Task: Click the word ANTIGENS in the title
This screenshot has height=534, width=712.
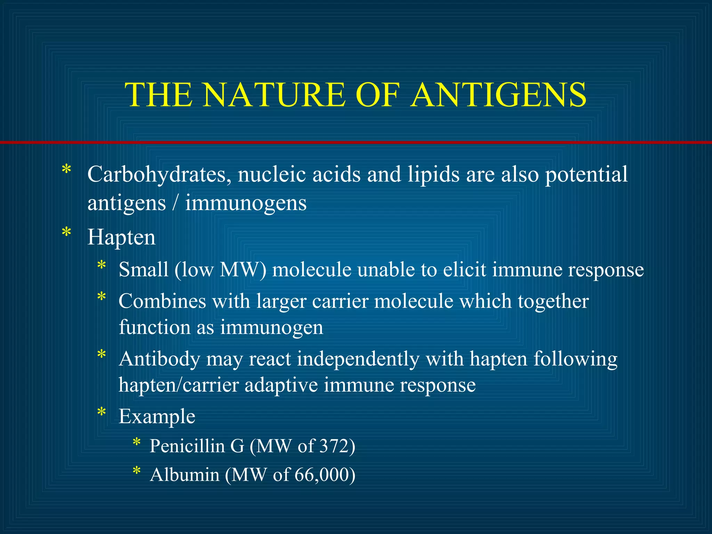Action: coord(499,95)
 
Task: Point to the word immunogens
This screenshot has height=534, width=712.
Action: coord(246,204)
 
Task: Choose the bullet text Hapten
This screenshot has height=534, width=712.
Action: coord(121,237)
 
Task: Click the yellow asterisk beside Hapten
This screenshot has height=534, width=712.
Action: coord(66,233)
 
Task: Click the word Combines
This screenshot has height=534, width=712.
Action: coord(162,301)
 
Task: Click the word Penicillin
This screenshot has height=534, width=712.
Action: coord(187,446)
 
